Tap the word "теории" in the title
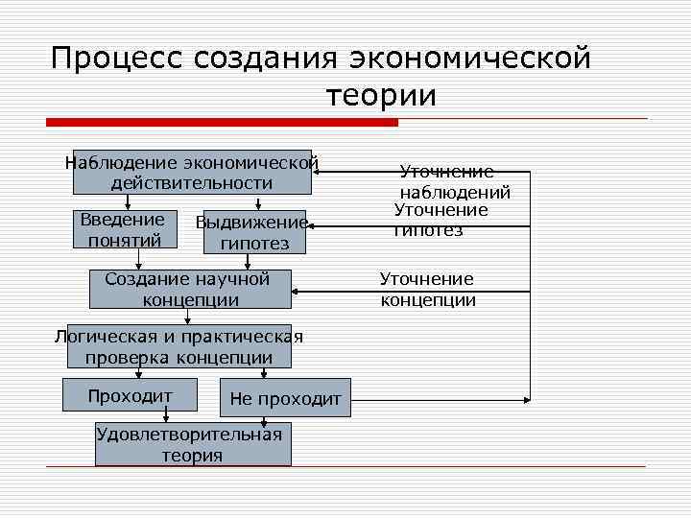click(382, 96)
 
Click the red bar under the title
click(222, 123)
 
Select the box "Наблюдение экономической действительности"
click(192, 173)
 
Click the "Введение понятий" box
click(123, 230)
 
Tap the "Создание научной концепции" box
click(190, 289)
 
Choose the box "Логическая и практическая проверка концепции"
click(179, 347)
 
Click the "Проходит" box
click(130, 396)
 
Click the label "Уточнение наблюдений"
click(454, 182)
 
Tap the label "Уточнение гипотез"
click(441, 220)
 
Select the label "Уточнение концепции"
click(428, 289)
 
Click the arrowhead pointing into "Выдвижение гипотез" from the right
click(312, 226)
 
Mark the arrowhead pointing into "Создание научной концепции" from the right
click(298, 284)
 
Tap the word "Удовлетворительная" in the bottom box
click(190, 435)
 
